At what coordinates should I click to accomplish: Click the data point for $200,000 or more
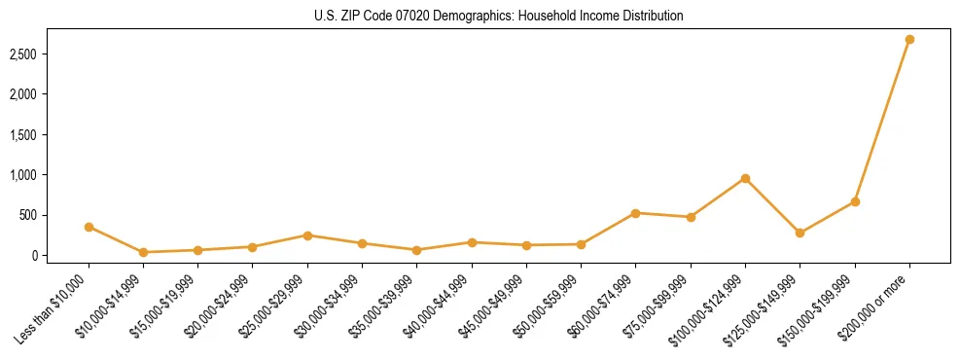point(909,40)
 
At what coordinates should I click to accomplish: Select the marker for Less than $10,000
point(89,227)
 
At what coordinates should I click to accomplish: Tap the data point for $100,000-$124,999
point(745,178)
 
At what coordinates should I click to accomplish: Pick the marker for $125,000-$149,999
point(800,233)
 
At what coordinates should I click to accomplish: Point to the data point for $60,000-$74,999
point(635,213)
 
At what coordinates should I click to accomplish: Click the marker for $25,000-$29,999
point(307,235)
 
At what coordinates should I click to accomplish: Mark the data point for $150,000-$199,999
point(855,201)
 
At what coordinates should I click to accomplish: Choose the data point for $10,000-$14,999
point(143,252)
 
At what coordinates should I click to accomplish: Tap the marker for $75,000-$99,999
point(691,217)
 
